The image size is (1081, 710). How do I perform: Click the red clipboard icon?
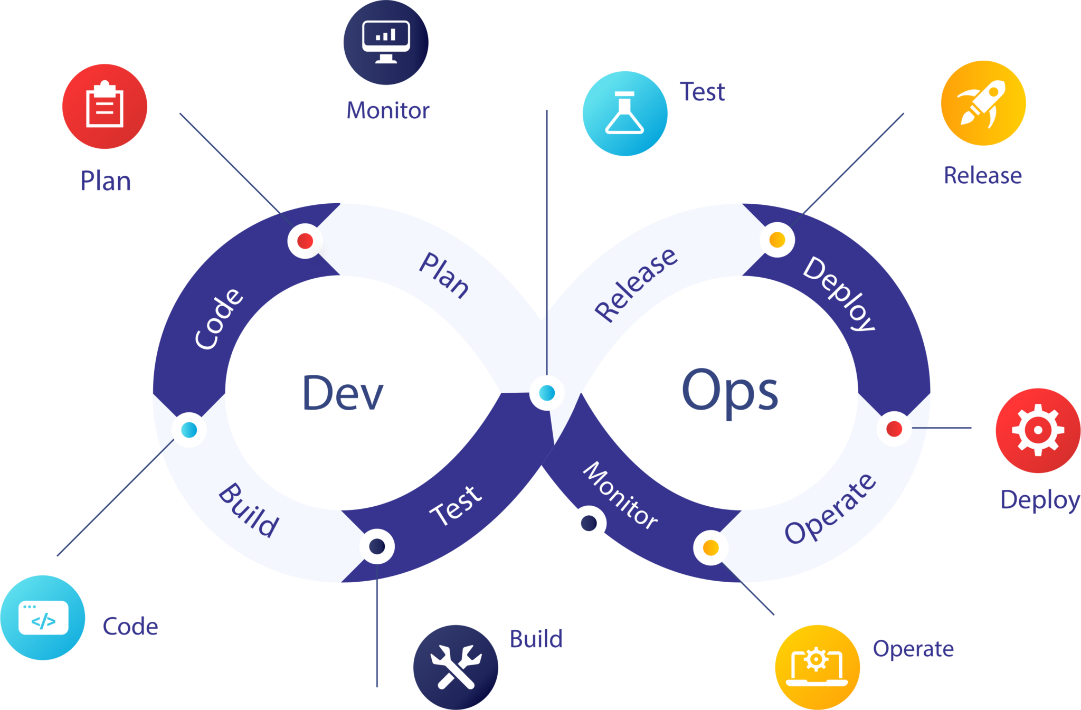point(105,106)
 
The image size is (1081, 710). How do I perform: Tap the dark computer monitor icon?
point(386,42)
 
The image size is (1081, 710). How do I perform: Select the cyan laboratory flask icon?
point(625,113)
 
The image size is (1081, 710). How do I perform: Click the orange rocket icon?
point(983,103)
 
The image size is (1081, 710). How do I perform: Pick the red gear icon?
point(1037,430)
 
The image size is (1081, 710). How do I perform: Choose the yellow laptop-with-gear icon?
point(817,667)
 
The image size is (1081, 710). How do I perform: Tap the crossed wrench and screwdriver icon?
point(456,667)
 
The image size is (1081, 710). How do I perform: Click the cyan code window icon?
point(43,617)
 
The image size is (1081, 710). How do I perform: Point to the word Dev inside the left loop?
point(343,393)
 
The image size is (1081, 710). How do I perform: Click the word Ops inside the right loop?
point(729,392)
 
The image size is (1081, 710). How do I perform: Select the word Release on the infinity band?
point(636,285)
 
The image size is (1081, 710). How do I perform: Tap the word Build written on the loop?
point(249,510)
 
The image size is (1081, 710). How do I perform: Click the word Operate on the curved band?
point(830,508)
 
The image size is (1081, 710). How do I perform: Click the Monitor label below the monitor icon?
point(388,111)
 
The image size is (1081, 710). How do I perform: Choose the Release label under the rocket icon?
point(982,175)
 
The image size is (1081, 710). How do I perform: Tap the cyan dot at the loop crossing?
point(547,393)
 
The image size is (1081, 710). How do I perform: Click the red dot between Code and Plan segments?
point(305,241)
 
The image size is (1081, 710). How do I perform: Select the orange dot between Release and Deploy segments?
point(777,240)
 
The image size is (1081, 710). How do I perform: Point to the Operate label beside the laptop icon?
point(913,649)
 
